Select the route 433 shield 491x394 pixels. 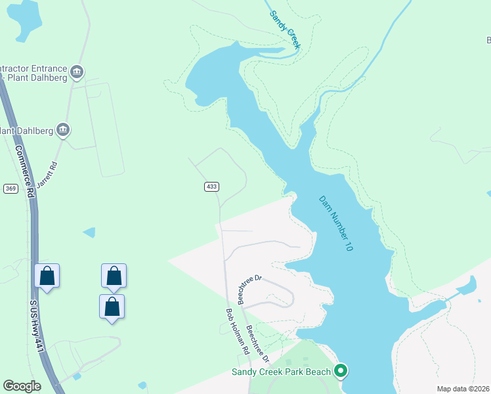211,187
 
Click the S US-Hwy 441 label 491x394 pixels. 36,326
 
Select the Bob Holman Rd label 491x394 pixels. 238,332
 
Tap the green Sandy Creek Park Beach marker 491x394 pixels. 340,372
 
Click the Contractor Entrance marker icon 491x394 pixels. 77,71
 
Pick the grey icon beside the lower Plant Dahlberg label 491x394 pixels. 63,129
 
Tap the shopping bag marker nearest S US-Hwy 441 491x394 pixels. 47,276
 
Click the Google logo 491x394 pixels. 22,386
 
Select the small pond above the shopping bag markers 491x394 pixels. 89,232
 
